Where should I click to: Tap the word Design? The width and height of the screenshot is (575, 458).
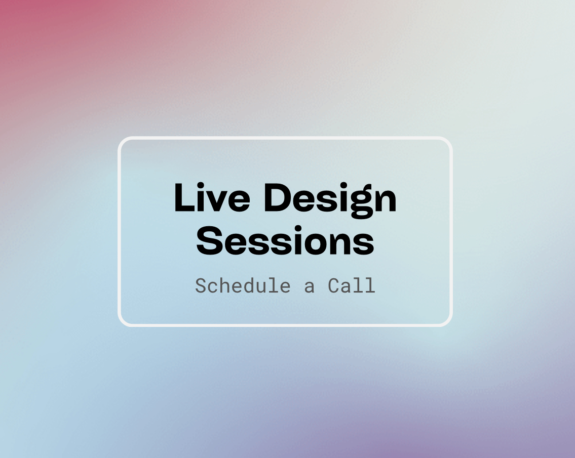[330, 200]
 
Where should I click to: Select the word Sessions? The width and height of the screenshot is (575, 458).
[285, 241]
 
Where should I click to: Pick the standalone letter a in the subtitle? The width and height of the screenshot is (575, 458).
[309, 287]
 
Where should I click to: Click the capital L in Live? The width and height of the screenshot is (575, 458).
[184, 197]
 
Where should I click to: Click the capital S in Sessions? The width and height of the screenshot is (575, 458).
[210, 241]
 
